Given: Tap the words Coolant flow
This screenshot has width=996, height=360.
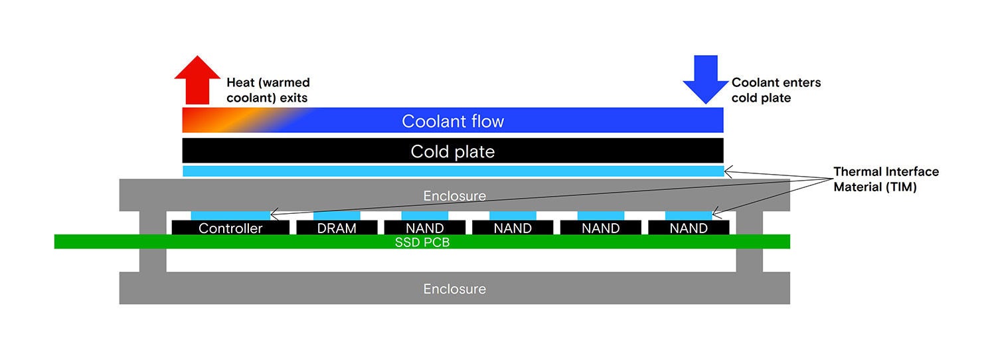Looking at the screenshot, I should (453, 122).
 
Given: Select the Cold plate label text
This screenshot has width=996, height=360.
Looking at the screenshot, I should (453, 151).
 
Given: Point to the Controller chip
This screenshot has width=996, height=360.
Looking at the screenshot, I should (230, 228).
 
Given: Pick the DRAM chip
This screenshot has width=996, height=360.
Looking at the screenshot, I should (337, 228).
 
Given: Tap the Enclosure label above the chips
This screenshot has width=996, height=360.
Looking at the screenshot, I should (454, 196).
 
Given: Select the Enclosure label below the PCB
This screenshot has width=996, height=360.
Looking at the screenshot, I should (454, 289).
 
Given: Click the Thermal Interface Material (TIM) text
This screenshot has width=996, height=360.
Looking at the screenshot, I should (886, 179).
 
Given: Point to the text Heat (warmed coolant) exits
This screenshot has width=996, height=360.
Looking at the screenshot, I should (268, 90).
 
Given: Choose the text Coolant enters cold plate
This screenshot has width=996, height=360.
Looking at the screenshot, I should (776, 90).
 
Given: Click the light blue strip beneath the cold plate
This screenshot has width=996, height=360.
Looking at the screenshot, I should (453, 171).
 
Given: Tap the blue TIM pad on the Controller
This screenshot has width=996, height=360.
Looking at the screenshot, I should (230, 215).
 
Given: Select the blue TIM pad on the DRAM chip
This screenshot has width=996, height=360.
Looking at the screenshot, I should (337, 215).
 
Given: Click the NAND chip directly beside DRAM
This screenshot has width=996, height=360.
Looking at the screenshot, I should (425, 228).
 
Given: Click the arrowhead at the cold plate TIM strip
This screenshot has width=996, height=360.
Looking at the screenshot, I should (727, 172).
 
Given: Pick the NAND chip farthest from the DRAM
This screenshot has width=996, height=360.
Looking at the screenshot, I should (689, 228).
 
